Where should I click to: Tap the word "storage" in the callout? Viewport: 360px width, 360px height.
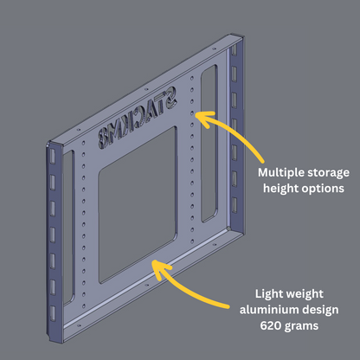328,173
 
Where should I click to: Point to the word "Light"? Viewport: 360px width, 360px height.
269,294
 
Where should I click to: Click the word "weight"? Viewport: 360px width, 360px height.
305,294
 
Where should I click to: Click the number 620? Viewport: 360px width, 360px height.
271,326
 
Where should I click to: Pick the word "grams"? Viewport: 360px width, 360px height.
301,326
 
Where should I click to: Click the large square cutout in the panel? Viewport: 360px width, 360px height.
138,204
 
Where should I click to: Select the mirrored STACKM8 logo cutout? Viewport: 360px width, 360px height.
138,118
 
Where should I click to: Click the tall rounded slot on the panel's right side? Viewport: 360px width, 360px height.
209,144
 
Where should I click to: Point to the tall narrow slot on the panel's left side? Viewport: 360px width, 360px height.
68,228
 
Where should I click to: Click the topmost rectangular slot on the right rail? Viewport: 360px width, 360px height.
235,49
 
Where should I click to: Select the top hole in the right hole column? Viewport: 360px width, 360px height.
192,78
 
